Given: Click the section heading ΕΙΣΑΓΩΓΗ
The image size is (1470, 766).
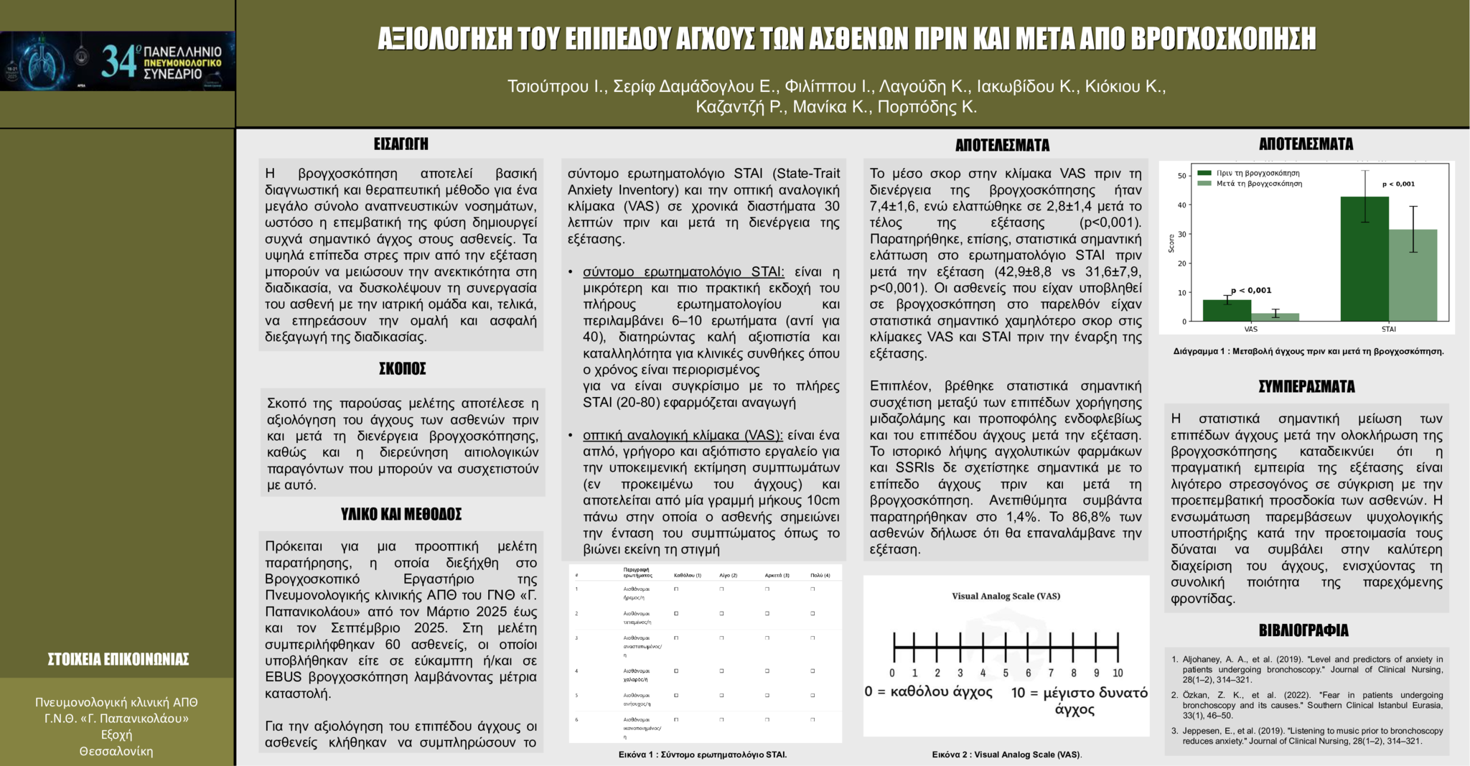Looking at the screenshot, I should coord(401,144).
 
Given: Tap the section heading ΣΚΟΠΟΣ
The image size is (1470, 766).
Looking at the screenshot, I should coord(402,369).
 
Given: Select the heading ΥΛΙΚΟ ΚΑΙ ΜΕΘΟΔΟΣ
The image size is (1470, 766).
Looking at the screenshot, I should coord(401,514).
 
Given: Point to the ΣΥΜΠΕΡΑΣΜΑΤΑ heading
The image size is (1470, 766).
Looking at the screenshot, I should coord(1306,387).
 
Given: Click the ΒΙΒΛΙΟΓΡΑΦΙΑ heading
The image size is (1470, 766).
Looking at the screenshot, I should coord(1303,630).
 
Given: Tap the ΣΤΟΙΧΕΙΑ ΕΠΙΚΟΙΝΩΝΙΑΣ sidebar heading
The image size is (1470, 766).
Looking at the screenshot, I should coord(118,659).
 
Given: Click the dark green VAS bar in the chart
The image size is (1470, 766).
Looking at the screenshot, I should coord(1227,310).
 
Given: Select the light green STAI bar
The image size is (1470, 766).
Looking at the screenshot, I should coord(1413,275).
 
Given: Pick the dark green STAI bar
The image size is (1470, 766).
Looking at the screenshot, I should coord(1364,258).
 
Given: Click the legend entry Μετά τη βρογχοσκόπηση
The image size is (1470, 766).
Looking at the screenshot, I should coord(1258,184).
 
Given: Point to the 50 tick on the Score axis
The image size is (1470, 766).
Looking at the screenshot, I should coord(1181,176).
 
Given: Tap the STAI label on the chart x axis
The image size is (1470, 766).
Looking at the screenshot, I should coord(1388,330).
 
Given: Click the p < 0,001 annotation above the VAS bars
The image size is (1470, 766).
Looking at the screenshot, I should coord(1251,291).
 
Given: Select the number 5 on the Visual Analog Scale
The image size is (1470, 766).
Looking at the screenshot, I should coord(1006,673).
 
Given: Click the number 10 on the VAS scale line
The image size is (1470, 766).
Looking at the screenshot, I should coord(1118,673).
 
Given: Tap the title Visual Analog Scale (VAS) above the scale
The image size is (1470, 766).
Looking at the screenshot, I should coord(1006,596).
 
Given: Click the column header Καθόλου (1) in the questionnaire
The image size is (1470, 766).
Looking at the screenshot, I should coord(687,575).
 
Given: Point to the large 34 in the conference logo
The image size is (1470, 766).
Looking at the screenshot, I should coord(118,61).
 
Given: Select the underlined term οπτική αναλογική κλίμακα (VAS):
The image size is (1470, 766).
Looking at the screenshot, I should coord(683,435).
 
